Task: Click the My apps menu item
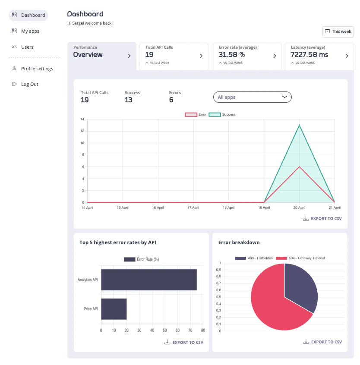(30, 31)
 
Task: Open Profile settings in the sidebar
(37, 69)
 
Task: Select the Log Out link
(29, 84)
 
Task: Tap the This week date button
(338, 31)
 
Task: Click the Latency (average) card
(319, 56)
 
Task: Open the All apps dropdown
(253, 97)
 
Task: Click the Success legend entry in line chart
(222, 114)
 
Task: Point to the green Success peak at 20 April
(299, 125)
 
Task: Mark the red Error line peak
(299, 167)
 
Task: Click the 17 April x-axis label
(193, 208)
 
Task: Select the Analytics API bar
(148, 280)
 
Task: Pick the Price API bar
(114, 309)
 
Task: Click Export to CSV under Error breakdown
(322, 342)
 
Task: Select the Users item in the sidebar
(27, 47)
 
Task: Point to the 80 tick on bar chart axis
(203, 330)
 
